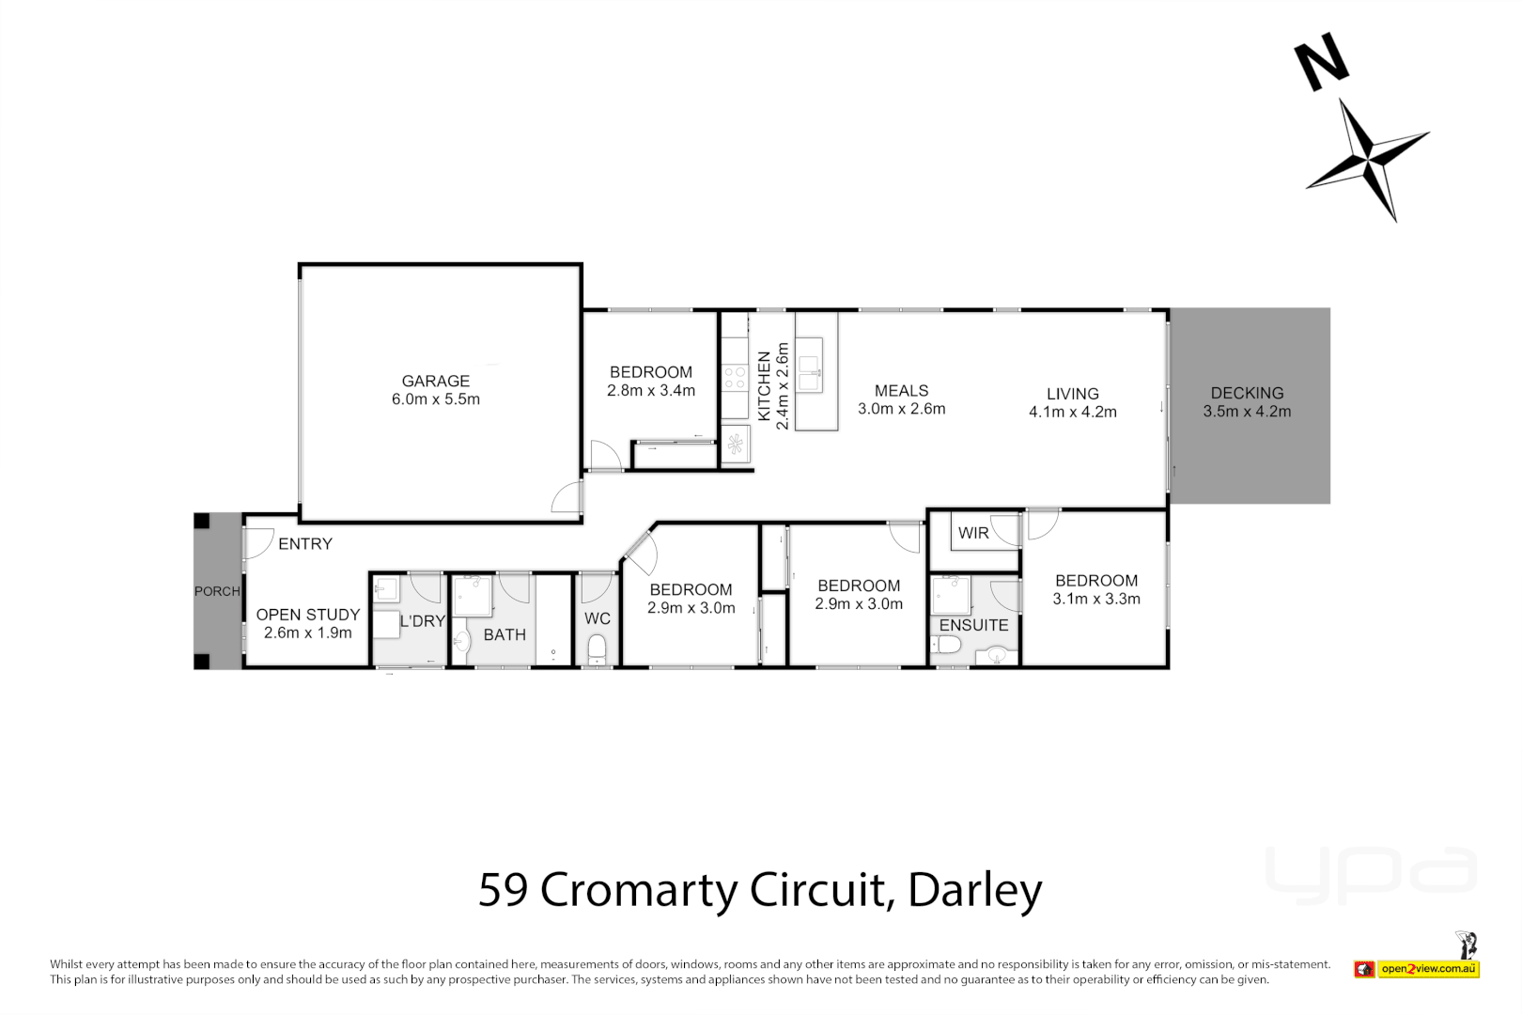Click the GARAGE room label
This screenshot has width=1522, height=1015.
pyautogui.click(x=435, y=381)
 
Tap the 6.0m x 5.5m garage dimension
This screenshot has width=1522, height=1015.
pyautogui.click(x=435, y=399)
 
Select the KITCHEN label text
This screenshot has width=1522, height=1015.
pyautogui.click(x=764, y=385)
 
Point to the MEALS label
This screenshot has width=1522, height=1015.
pyautogui.click(x=901, y=390)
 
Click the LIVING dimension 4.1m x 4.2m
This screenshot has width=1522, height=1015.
pyautogui.click(x=1072, y=412)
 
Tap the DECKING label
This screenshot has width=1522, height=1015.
pyautogui.click(x=1247, y=393)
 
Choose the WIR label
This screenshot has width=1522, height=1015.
pyautogui.click(x=972, y=533)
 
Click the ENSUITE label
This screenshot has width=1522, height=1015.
pyautogui.click(x=973, y=625)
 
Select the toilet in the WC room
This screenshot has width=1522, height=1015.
pyautogui.click(x=597, y=648)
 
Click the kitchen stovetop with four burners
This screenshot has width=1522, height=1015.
pyautogui.click(x=735, y=379)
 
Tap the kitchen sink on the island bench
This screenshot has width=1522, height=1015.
pyautogui.click(x=810, y=372)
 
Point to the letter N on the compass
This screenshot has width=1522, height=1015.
pyautogui.click(x=1322, y=62)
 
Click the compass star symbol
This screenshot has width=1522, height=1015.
pyautogui.click(x=1369, y=158)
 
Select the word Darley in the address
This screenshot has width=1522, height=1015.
pyautogui.click(x=975, y=890)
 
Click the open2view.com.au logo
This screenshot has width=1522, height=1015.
pyautogui.click(x=1427, y=968)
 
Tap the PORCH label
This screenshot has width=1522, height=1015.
pyautogui.click(x=217, y=591)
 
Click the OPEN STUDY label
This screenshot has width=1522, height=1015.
pyautogui.click(x=307, y=615)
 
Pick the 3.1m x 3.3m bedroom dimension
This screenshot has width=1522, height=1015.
pyautogui.click(x=1095, y=599)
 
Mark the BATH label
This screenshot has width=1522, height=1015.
pyautogui.click(x=505, y=634)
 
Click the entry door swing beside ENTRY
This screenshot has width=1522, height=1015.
pyautogui.click(x=257, y=542)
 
